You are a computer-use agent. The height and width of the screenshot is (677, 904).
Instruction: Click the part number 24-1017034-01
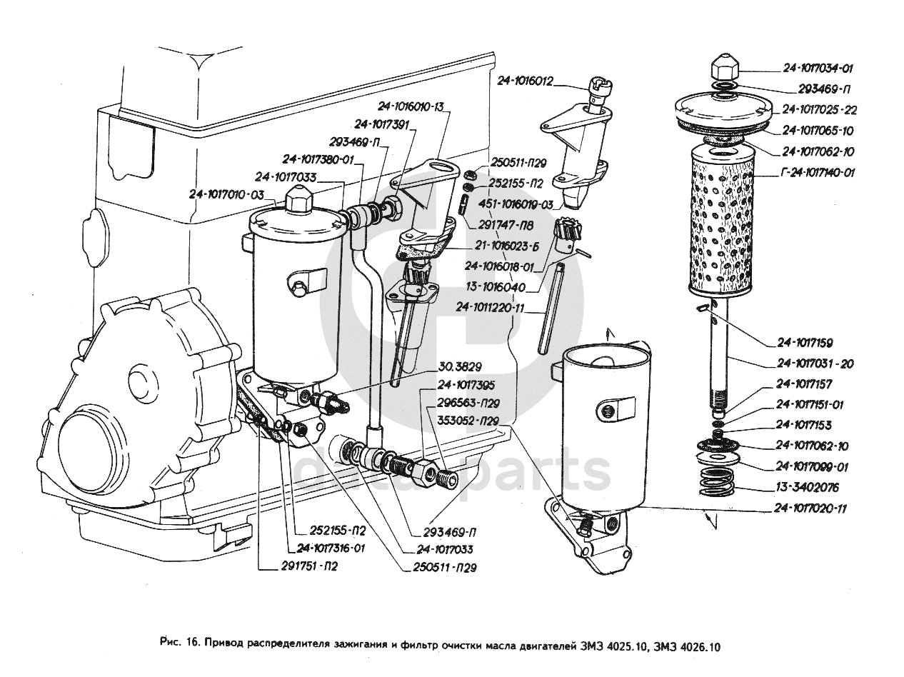tap(818, 69)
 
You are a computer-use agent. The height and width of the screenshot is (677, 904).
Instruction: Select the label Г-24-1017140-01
tap(818, 173)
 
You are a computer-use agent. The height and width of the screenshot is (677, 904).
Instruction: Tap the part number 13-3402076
tap(807, 488)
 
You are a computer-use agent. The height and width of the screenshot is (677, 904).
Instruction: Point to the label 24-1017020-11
tap(810, 508)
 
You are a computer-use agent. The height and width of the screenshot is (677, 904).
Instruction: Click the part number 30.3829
tap(460, 366)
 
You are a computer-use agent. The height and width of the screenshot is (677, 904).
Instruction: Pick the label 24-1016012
tap(525, 81)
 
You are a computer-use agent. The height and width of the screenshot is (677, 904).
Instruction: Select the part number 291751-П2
tap(309, 566)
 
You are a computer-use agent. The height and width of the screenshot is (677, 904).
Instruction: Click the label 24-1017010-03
tap(226, 194)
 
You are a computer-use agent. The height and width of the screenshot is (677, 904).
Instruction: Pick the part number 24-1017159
tap(805, 343)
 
